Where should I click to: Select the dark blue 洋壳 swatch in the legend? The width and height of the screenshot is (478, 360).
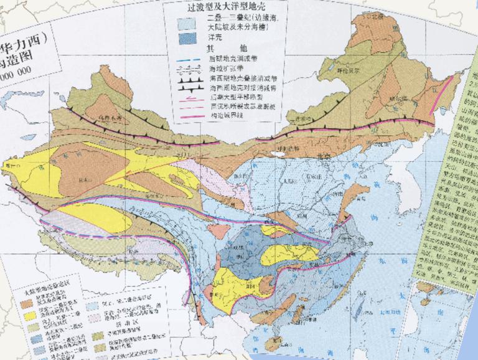(187, 38)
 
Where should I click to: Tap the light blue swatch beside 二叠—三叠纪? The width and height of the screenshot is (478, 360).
(187, 23)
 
